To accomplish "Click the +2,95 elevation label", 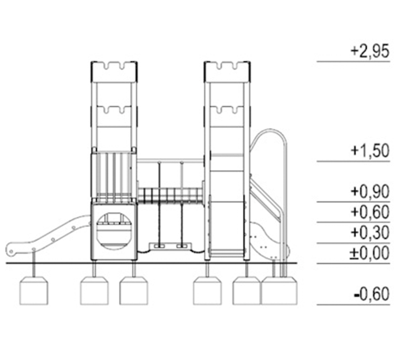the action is (x=370, y=52).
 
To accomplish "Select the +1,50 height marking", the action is (x=370, y=151).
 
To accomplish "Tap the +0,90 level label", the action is (x=370, y=192).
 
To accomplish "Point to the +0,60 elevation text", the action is (x=370, y=212).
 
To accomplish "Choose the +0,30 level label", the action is (x=370, y=233).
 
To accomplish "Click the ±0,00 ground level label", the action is (x=370, y=253).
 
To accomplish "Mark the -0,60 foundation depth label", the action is (x=372, y=294).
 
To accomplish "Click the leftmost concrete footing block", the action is (x=34, y=291).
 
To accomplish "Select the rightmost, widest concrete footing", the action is (x=279, y=291).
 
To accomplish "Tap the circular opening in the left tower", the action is (x=114, y=231).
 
